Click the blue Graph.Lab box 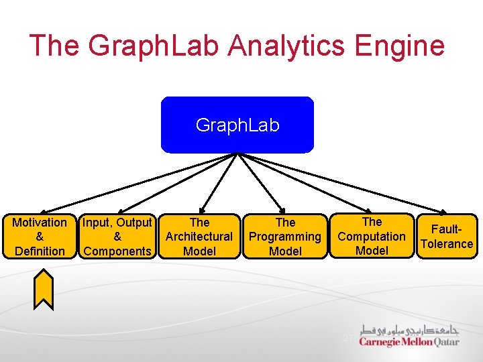point(237,125)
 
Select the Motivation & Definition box point(40,237)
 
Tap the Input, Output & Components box point(117,237)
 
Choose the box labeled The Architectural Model point(199,237)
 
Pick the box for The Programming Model point(285,237)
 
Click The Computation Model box point(372,236)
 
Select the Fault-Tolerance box point(447,237)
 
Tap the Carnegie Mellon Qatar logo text point(409,342)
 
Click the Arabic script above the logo point(410,330)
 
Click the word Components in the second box point(117,251)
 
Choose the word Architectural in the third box point(199,237)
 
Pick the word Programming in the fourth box point(285,237)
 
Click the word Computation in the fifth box point(372,236)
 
